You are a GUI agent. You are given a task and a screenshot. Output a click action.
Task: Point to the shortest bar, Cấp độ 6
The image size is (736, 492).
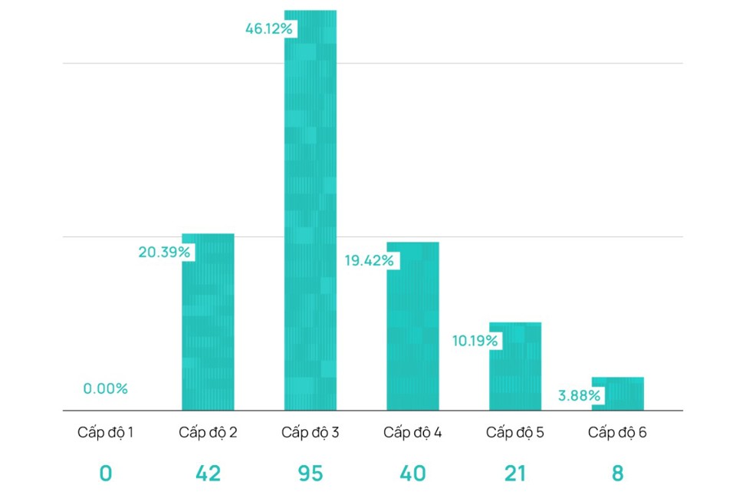[x=618, y=393]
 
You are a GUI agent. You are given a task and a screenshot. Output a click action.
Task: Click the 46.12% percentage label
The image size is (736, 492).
[x=269, y=29]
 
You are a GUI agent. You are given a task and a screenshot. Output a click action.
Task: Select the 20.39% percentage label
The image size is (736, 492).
[x=164, y=252]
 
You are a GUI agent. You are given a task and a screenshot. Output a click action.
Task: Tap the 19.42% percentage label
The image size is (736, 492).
[x=369, y=261]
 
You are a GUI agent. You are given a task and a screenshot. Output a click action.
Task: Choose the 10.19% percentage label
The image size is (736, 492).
[x=475, y=340]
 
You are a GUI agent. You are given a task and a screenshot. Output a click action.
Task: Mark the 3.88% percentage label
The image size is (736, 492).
[x=580, y=396]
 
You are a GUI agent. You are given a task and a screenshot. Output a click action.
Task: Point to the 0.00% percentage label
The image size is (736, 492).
[x=106, y=388]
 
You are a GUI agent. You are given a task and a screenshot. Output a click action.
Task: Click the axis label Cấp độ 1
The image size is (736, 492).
[x=106, y=432]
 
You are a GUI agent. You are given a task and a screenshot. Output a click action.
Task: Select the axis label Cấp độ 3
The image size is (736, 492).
[x=310, y=432]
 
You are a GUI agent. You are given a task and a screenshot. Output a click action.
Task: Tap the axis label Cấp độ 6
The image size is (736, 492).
[x=617, y=432]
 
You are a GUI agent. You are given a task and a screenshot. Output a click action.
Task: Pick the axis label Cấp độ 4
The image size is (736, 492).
[x=412, y=432]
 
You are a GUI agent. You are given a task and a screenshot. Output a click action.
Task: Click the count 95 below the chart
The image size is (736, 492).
[x=310, y=474]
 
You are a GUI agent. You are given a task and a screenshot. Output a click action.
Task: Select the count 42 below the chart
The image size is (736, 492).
[x=208, y=474]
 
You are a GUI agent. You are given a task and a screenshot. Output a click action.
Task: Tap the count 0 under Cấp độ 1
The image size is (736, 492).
[x=106, y=474]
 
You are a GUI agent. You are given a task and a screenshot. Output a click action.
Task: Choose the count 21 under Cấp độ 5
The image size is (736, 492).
[x=514, y=474]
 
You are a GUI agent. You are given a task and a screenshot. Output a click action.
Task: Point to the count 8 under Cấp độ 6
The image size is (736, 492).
[x=617, y=474]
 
